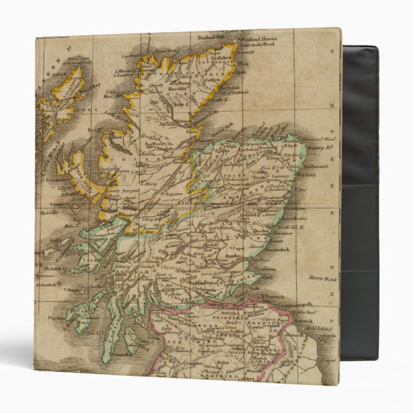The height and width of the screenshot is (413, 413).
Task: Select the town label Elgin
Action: click(x=229, y=147)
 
